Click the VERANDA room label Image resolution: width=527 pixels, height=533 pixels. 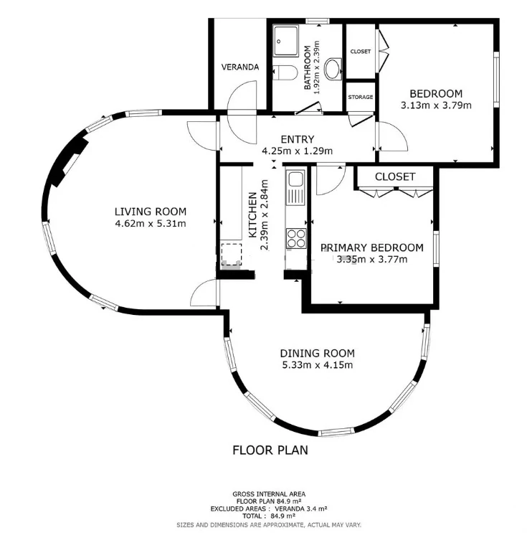(x=240, y=67)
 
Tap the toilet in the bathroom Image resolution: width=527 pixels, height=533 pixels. (x=285, y=72)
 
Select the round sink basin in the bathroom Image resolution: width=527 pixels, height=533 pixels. (x=333, y=70)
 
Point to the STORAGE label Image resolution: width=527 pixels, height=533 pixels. (x=361, y=98)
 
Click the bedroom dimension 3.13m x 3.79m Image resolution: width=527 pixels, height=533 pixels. (x=436, y=105)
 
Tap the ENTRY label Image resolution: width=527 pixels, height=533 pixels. (x=298, y=139)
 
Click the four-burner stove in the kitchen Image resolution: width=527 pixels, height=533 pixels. (x=296, y=238)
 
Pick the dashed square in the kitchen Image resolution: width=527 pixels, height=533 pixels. (x=232, y=254)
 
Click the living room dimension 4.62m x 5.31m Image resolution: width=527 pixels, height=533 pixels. (x=151, y=224)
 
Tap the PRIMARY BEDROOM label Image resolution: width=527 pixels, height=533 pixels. (x=372, y=247)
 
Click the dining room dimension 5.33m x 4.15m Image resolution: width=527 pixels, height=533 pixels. (x=318, y=365)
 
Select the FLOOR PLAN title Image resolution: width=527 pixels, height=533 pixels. (x=270, y=450)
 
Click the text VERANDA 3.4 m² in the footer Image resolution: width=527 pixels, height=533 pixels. (x=300, y=509)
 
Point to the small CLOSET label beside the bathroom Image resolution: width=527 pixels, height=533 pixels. (x=361, y=52)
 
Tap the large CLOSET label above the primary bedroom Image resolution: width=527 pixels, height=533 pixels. (x=395, y=176)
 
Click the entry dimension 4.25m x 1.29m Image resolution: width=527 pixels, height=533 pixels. (x=298, y=151)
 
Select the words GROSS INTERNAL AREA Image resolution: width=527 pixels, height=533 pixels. (x=269, y=494)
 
